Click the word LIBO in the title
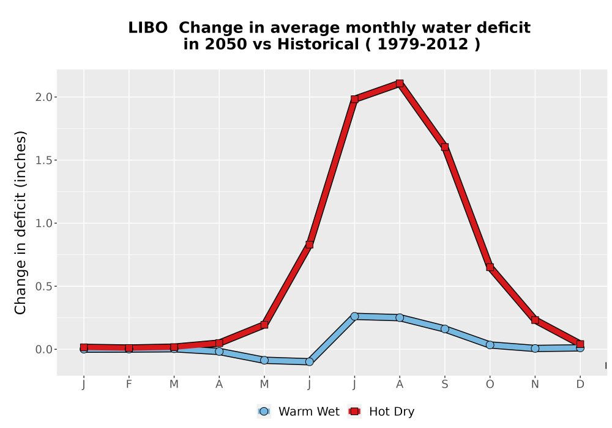pyautogui.click(x=148, y=28)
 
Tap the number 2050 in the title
pyautogui.click(x=226, y=44)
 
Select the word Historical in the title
pyautogui.click(x=318, y=44)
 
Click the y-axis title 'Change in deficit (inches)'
pyautogui.click(x=20, y=223)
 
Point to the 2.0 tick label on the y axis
pyautogui.click(x=43, y=97)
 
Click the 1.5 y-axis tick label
pyautogui.click(x=43, y=160)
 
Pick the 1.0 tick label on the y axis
pyautogui.click(x=43, y=223)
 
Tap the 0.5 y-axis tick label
pyautogui.click(x=43, y=287)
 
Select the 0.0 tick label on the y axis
pyautogui.click(x=43, y=350)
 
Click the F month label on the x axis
pyautogui.click(x=129, y=385)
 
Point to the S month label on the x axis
pyautogui.click(x=444, y=385)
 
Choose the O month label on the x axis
pyautogui.click(x=490, y=385)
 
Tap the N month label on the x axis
pyautogui.click(x=535, y=385)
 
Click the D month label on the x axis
pyautogui.click(x=580, y=385)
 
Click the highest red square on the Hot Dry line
pyautogui.click(x=399, y=83)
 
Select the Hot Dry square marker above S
pyautogui.click(x=444, y=147)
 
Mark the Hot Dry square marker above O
pyautogui.click(x=490, y=267)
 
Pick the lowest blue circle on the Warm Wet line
pyautogui.click(x=309, y=362)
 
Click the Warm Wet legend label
pyautogui.click(x=309, y=411)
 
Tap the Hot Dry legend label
pyautogui.click(x=392, y=411)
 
